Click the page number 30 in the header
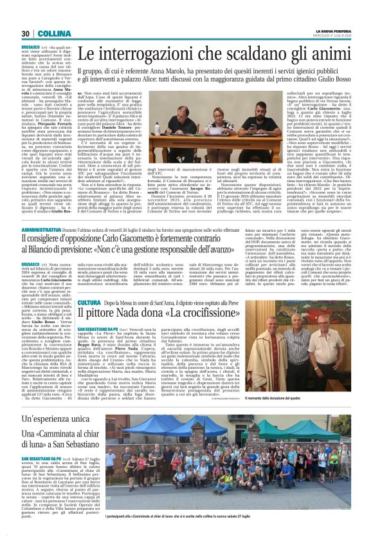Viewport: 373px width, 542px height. [x=26, y=33]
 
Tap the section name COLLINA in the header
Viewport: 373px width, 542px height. [x=49, y=33]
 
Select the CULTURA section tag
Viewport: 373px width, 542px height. [x=88, y=303]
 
